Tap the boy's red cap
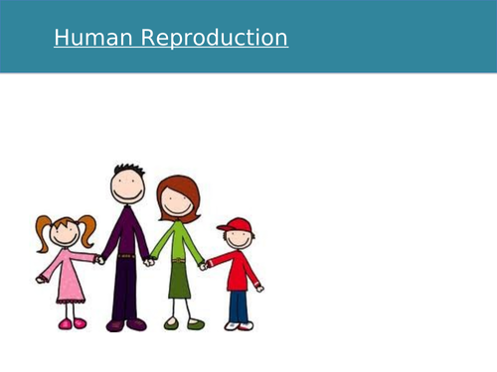(x=235, y=224)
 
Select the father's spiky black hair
(x=127, y=171)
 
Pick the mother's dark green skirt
(x=179, y=281)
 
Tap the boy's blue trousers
(x=238, y=307)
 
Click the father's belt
(x=126, y=256)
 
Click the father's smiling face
(x=128, y=188)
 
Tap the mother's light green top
(x=177, y=243)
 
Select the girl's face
(x=66, y=235)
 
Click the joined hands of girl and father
(x=99, y=260)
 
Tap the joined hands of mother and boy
(x=203, y=265)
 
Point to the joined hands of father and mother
(x=150, y=262)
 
